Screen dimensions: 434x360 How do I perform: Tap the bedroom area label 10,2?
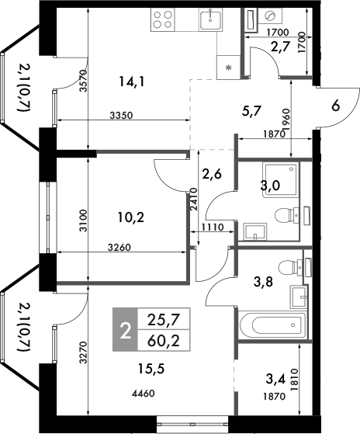[130, 217]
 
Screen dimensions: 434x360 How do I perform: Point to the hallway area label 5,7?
[251, 111]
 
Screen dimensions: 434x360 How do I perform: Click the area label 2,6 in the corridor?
[212, 174]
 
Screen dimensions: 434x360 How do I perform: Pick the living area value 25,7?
[158, 318]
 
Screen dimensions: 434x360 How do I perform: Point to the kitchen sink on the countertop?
[209, 19]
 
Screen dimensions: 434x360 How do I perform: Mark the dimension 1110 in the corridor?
[211, 227]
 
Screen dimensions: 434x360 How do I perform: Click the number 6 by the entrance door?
[335, 106]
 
